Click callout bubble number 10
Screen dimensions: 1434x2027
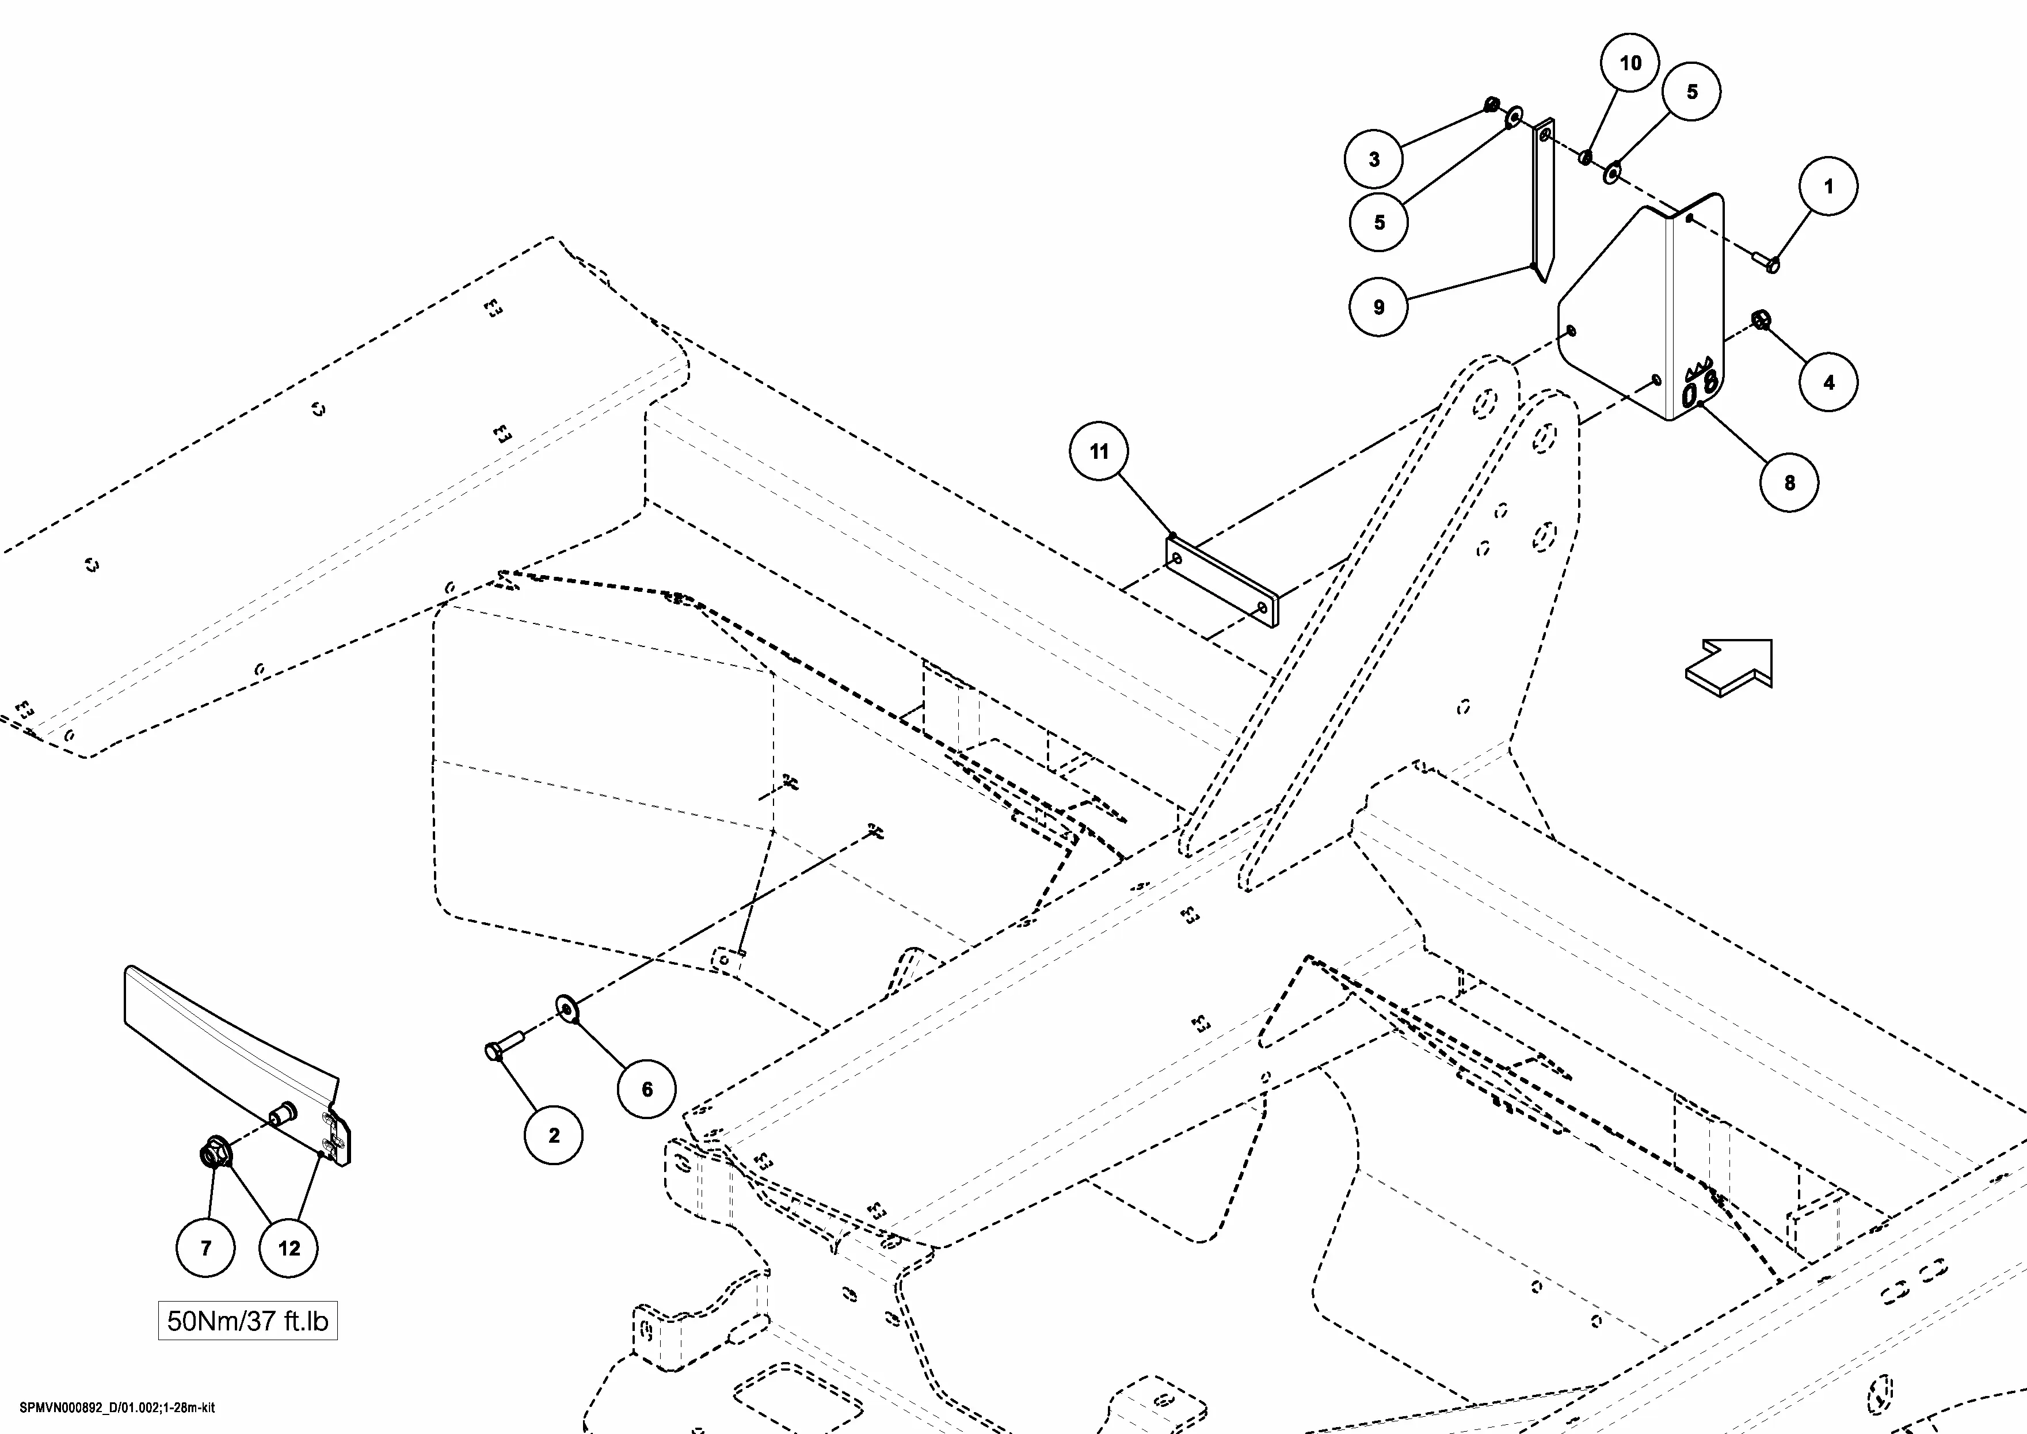[x=1630, y=63]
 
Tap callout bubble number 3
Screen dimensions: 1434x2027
[x=1374, y=159]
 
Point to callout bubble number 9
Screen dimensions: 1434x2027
[x=1378, y=307]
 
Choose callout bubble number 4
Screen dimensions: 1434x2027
[x=1828, y=382]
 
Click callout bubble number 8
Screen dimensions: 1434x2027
[x=1789, y=482]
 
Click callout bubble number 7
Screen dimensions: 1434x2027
[x=205, y=1247]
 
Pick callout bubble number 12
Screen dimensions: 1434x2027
[x=289, y=1247]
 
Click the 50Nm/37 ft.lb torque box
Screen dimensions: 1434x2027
[x=247, y=1321]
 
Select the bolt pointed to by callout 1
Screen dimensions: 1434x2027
[x=1766, y=261]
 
